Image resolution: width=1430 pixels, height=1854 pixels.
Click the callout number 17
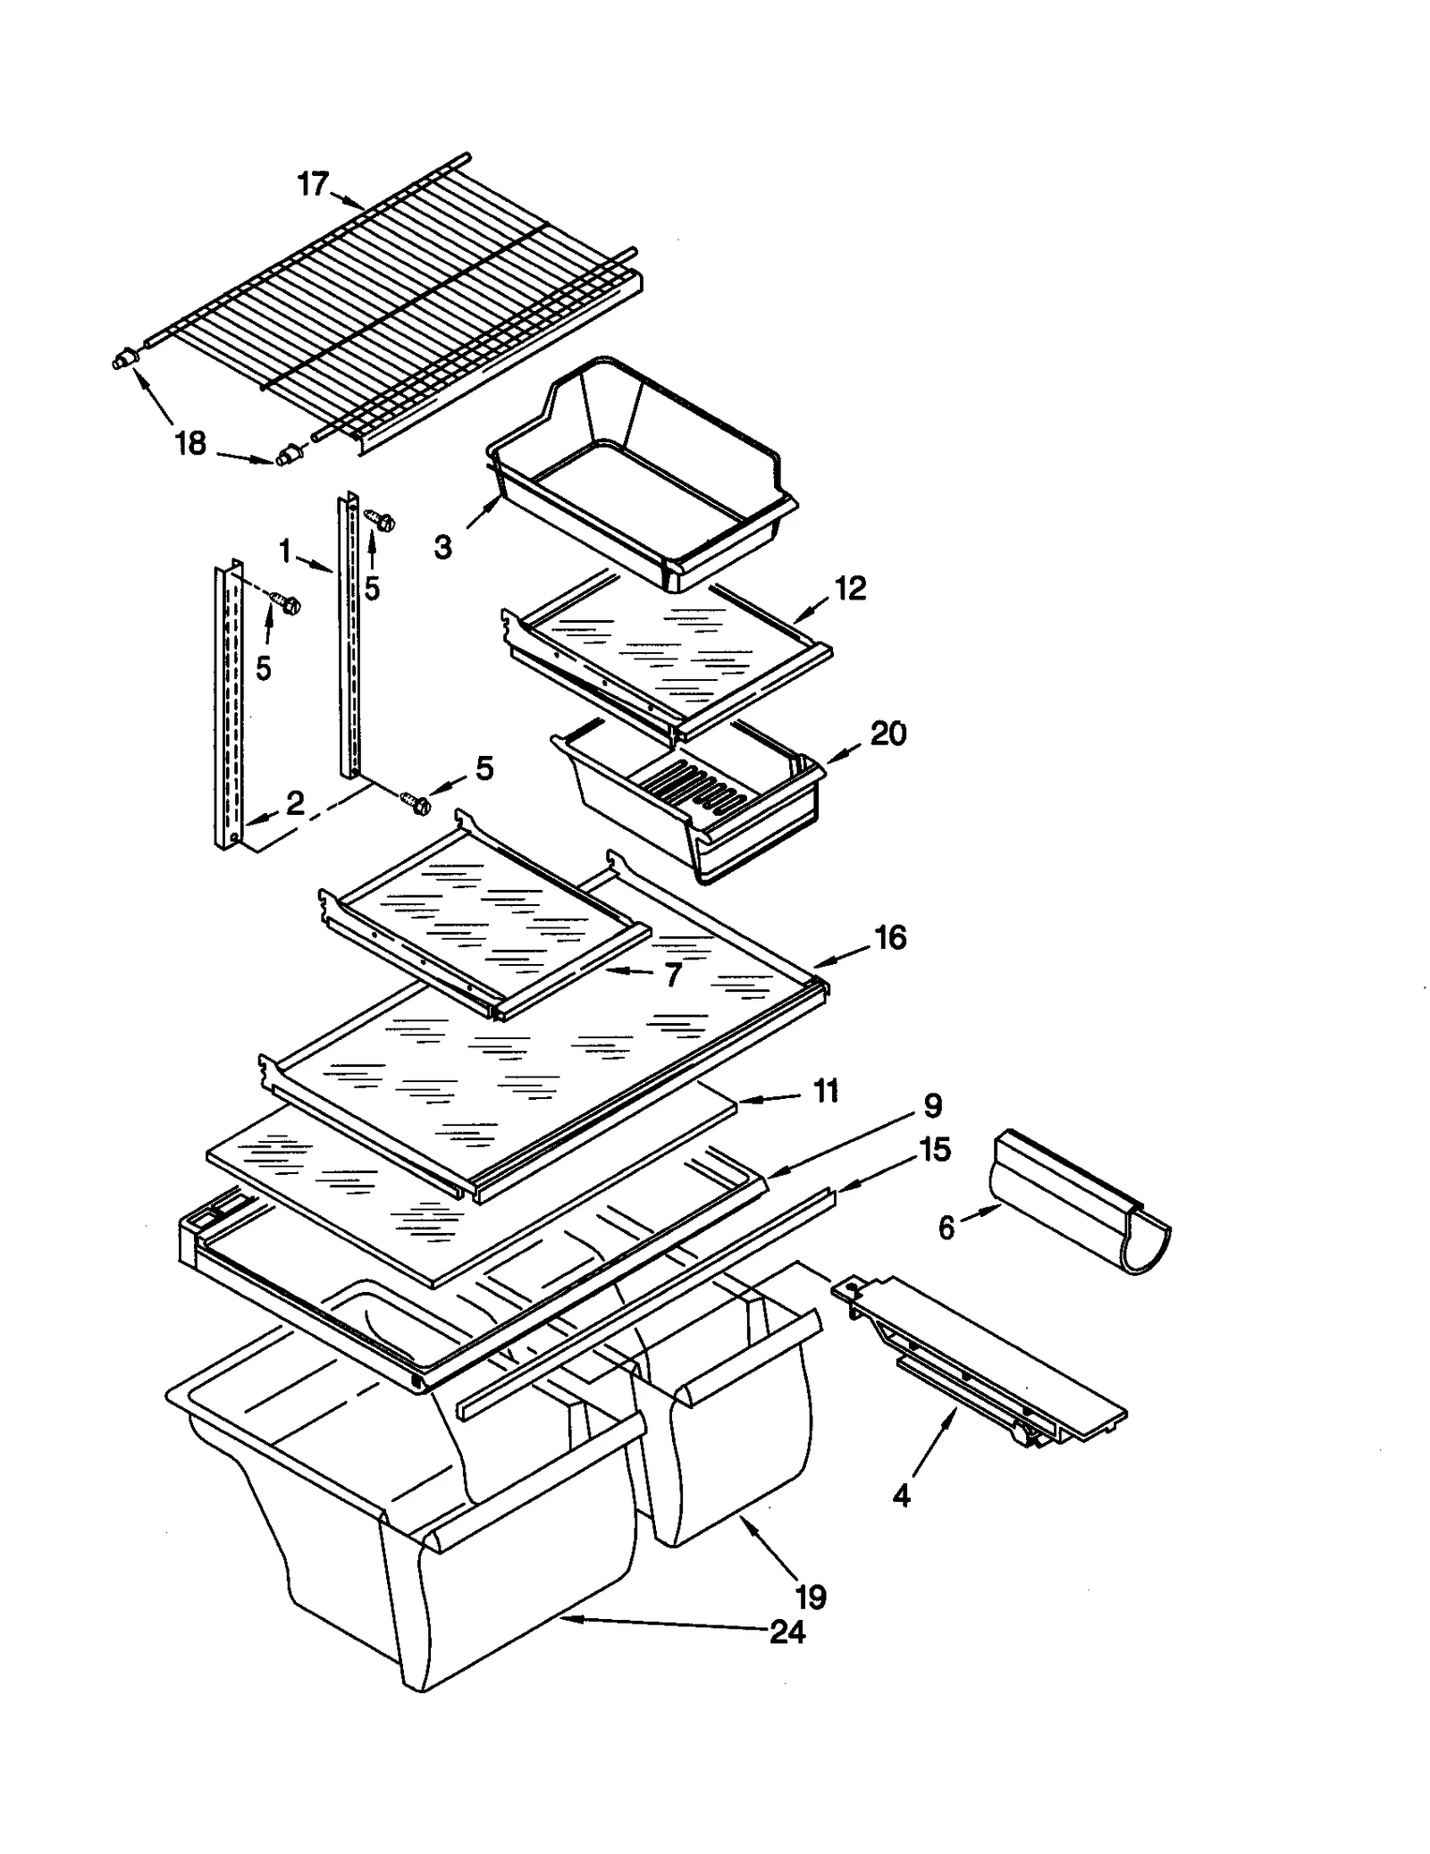tap(313, 185)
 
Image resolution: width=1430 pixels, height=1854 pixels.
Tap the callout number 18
tap(190, 443)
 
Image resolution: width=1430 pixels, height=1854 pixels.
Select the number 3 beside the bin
tap(443, 547)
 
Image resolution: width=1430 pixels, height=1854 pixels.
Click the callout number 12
tap(850, 588)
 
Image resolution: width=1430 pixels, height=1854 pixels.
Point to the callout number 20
tap(887, 734)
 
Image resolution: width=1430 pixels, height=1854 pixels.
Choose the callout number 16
tap(890, 937)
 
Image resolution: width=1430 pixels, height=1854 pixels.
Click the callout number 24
tap(786, 1632)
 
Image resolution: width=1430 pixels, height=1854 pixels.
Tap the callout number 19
tap(810, 1596)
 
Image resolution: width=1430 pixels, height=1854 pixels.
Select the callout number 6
tap(946, 1229)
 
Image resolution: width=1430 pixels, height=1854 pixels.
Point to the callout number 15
tap(935, 1150)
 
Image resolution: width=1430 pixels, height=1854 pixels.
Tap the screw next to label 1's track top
tap(381, 519)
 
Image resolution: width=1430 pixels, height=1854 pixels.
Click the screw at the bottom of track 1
tap(416, 802)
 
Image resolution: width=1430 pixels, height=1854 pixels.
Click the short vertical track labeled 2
tap(228, 706)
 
